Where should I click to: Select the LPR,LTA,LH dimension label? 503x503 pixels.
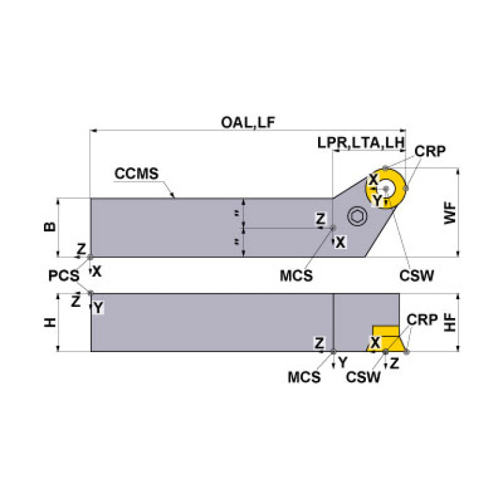click(x=361, y=142)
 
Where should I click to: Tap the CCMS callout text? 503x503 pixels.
click(x=136, y=174)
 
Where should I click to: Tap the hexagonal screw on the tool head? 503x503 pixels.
click(x=357, y=218)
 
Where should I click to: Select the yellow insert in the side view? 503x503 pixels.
click(x=386, y=338)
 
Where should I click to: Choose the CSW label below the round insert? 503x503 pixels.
click(x=415, y=276)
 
